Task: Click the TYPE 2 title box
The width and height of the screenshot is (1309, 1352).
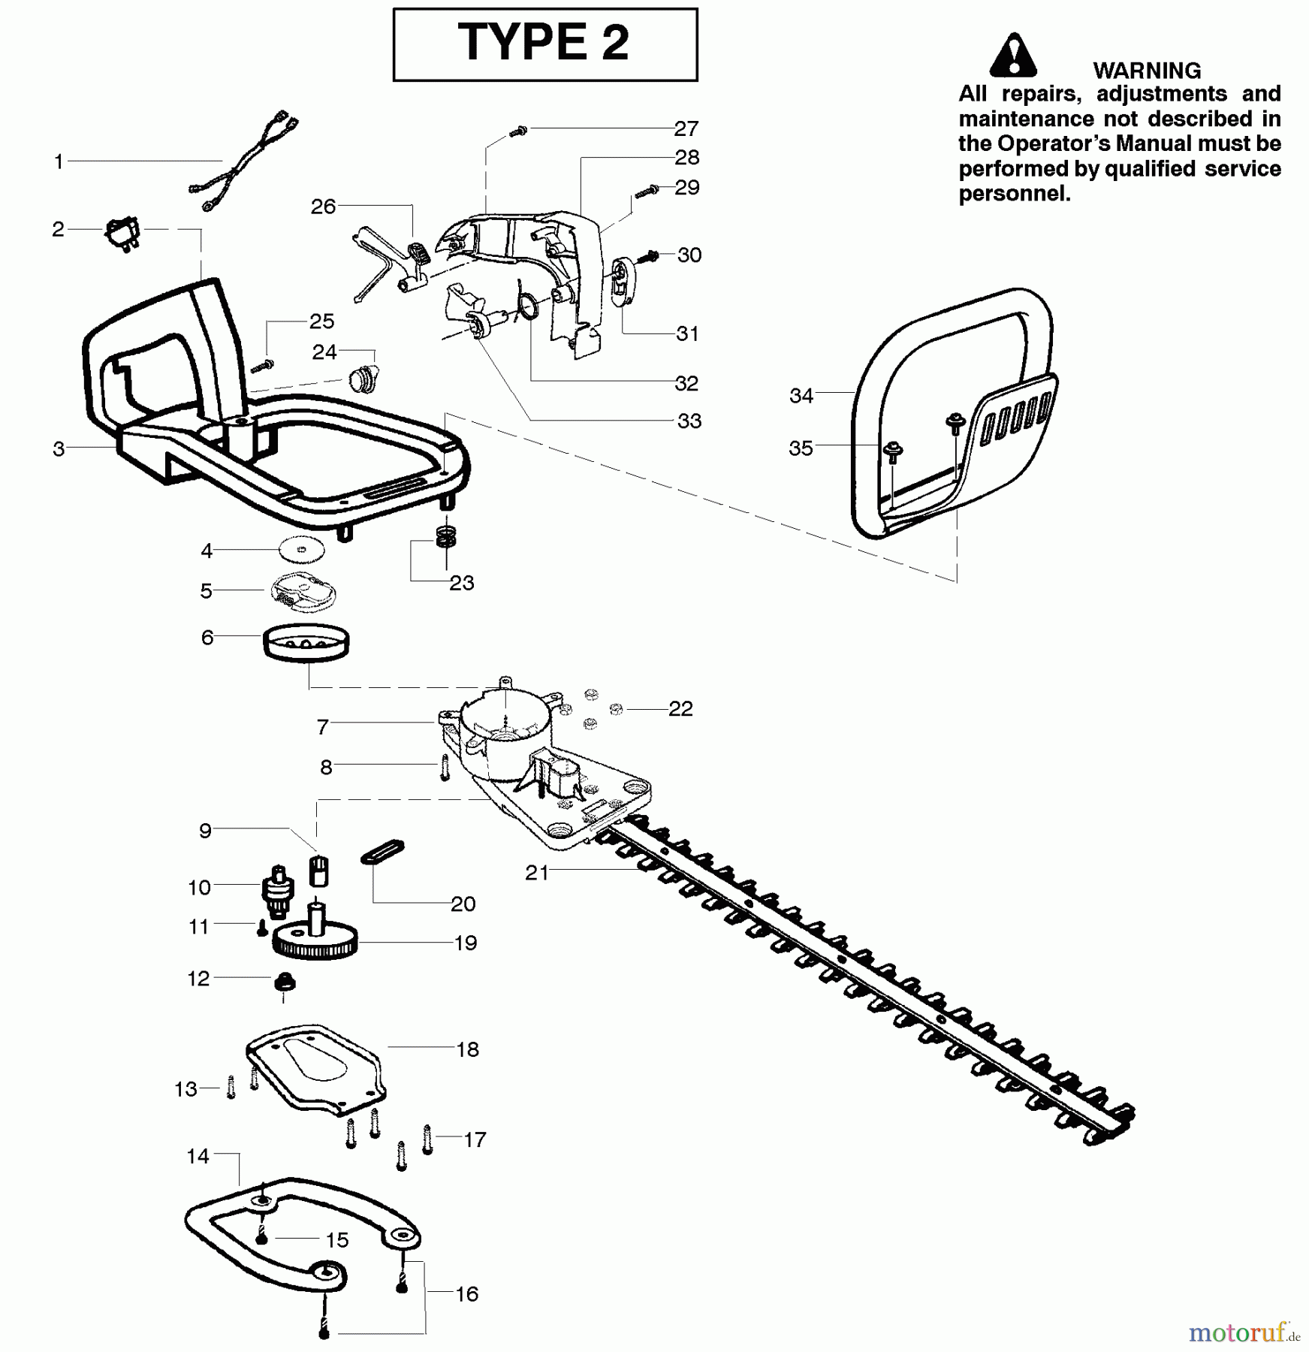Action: tap(544, 44)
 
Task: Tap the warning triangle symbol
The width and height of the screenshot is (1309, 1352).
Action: tap(1012, 56)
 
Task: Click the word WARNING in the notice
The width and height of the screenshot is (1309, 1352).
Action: tap(1146, 71)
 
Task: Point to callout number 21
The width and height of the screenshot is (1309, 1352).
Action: tap(537, 873)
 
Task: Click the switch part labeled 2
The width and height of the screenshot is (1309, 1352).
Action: tap(122, 234)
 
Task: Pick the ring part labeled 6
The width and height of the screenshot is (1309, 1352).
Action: tap(306, 644)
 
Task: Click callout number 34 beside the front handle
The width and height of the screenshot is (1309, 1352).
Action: tap(801, 396)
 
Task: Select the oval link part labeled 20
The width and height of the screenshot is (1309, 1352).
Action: tap(383, 853)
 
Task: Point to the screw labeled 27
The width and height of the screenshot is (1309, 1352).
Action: tap(518, 131)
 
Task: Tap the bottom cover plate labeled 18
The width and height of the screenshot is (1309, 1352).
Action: tap(315, 1067)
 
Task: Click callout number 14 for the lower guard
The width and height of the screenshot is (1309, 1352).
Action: tap(198, 1156)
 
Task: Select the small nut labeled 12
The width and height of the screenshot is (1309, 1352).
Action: tap(284, 982)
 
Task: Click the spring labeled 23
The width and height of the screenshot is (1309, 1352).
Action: tap(446, 536)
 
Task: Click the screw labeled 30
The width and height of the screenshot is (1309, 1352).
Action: tap(647, 257)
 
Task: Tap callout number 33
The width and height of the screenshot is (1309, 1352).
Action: tap(689, 421)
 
